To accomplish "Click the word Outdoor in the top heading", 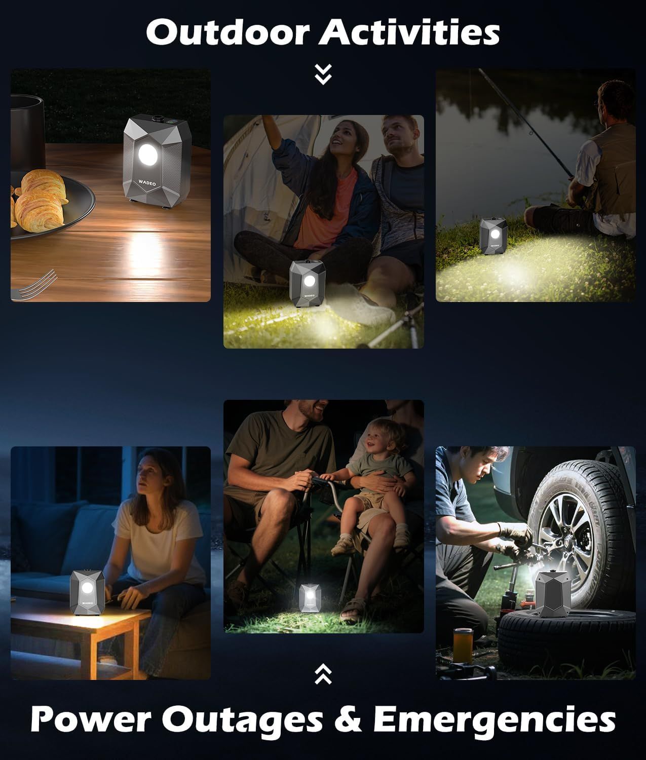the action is (228, 32).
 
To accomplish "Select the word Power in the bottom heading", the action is (91, 719).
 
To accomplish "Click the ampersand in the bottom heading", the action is (348, 718).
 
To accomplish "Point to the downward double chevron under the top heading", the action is (323, 74).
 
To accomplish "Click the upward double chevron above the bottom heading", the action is (323, 674).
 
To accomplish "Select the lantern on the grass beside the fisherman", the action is (493, 236).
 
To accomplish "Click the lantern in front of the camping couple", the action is (308, 283).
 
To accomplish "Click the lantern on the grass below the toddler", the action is (310, 598).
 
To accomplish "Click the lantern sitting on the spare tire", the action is (553, 593).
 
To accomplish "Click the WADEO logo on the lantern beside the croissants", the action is (147, 183).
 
